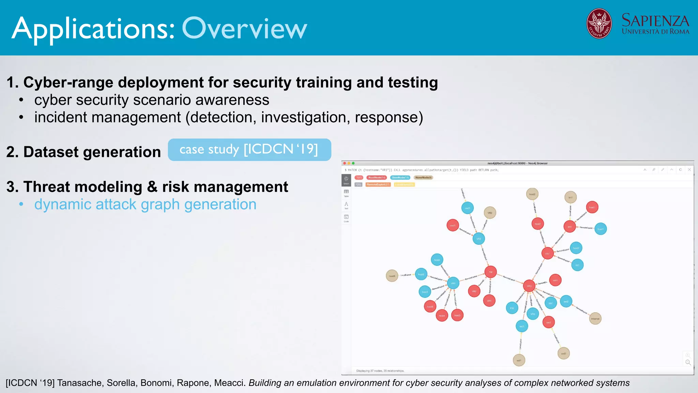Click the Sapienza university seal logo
point(599,23)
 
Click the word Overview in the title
point(244,29)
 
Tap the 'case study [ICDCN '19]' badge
point(249,149)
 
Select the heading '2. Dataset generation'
point(84,152)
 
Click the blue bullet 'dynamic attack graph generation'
point(145,204)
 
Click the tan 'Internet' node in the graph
point(595,319)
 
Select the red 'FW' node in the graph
point(490,272)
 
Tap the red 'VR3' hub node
point(529,286)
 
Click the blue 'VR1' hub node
point(453,283)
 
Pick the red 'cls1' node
point(547,253)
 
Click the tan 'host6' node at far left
point(392,276)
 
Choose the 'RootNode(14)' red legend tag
point(376,177)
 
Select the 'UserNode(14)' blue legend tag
point(400,177)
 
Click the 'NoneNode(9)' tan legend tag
point(423,177)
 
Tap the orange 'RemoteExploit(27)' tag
point(378,185)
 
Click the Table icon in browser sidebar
point(346,193)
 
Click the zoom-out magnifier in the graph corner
point(688,362)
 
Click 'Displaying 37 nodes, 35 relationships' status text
point(380,371)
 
